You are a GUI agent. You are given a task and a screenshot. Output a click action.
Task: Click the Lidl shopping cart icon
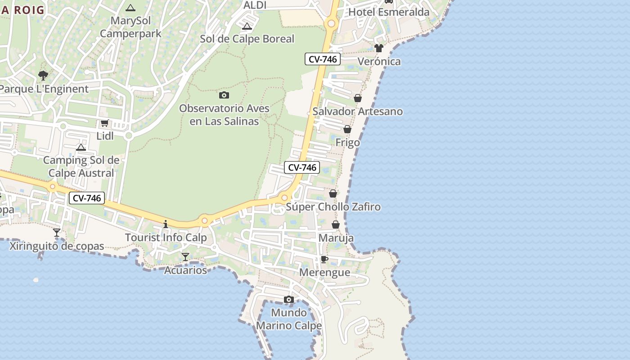[x=104, y=123]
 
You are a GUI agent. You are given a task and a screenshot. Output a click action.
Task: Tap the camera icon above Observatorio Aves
[x=224, y=95]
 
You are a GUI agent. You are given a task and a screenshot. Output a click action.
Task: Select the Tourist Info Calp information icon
[x=166, y=224]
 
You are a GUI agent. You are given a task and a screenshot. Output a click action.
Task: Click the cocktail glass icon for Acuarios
[x=185, y=256]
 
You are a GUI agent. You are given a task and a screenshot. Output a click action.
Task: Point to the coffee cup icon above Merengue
[x=324, y=259]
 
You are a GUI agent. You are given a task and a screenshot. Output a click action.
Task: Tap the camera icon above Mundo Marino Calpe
[x=289, y=299]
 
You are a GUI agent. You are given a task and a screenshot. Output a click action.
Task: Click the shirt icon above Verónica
[x=378, y=48]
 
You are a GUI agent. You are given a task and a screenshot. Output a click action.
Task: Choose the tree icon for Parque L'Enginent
[x=43, y=75]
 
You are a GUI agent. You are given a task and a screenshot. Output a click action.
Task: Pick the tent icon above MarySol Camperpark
[x=130, y=8]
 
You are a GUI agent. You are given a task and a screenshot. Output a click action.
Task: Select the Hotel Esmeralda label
[x=389, y=12]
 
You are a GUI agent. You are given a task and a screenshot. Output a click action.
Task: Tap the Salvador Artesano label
[x=358, y=111]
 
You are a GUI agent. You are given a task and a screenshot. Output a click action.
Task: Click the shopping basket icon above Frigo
[x=347, y=129]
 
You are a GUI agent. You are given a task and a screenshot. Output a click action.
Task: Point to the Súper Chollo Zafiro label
[x=333, y=207]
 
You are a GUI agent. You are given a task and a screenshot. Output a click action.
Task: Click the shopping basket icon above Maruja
[x=336, y=225]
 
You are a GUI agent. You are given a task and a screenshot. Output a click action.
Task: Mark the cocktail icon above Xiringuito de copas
[x=57, y=233]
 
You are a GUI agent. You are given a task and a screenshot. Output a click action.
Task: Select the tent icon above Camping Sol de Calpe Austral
[x=81, y=147]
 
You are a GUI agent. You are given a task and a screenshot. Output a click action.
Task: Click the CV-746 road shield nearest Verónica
[x=323, y=59]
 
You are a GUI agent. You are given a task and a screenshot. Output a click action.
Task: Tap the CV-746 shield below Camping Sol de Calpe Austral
[x=87, y=198]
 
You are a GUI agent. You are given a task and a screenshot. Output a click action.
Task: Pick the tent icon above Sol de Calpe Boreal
[x=247, y=26]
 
